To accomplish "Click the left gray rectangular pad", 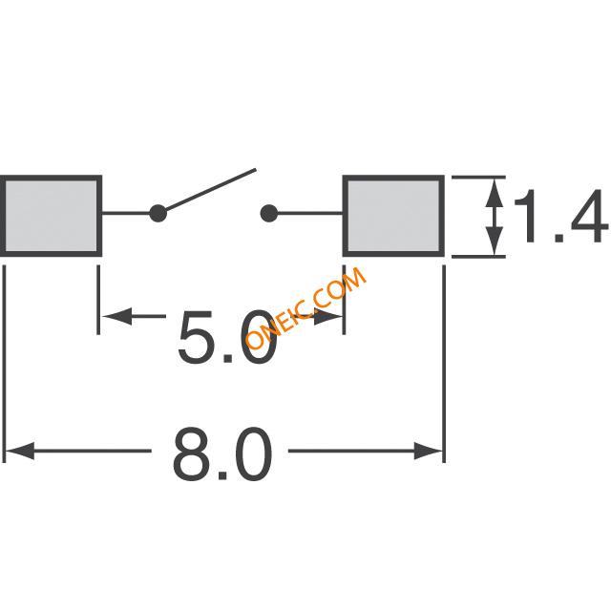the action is coord(51,216).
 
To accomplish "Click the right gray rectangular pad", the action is coord(393,216).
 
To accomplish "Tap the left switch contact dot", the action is coord(158,214).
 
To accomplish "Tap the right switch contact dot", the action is coord(268,214).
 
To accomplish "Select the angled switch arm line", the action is coord(210,190).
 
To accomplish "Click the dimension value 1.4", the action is coord(561,217).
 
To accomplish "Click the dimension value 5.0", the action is coord(228,337).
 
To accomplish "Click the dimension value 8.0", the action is coord(222,453).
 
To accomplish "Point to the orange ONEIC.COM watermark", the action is coord(305,307).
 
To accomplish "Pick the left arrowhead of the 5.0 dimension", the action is coord(116,316).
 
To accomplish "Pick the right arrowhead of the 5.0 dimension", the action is coord(328,316).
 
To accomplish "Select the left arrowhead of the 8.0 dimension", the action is coord(20,451).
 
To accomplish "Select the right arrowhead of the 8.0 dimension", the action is coord(429,451).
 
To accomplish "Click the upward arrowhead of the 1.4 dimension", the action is coord(495,193).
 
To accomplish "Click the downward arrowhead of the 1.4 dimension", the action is coord(495,241).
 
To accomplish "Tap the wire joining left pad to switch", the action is coord(126,214).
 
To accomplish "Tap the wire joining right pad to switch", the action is coord(309,214).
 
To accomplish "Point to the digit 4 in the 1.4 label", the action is coord(588,217).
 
